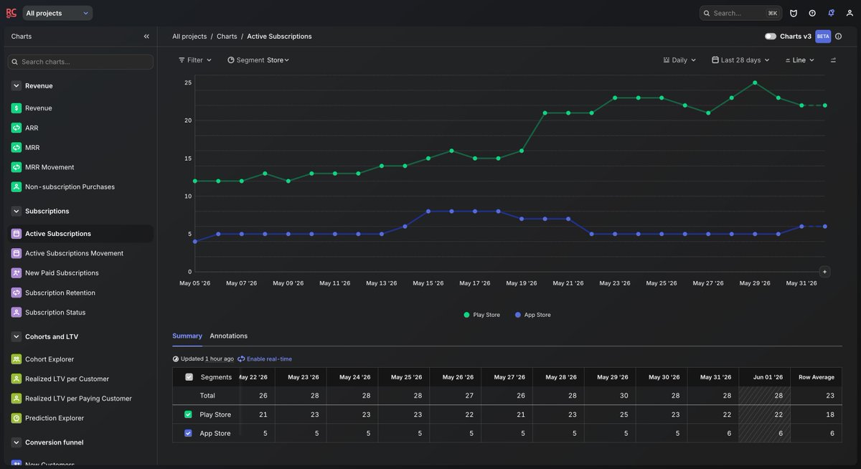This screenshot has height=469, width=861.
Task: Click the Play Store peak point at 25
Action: coord(755,82)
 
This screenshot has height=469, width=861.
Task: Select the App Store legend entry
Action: coord(532,315)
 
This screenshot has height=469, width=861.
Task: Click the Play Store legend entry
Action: coord(481,315)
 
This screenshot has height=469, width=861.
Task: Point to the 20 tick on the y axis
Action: coord(188,120)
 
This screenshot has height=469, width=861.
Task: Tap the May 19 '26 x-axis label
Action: coord(521,283)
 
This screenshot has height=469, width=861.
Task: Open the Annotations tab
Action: coord(228,336)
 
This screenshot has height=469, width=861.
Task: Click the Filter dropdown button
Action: coord(195,60)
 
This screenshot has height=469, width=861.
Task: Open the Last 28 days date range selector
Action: coord(740,60)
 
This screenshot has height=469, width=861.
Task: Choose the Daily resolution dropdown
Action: coord(679,60)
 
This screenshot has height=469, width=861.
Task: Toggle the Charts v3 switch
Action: coord(771,36)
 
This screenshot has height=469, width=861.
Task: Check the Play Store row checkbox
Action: coord(188,414)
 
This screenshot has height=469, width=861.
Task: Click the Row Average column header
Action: coord(816,377)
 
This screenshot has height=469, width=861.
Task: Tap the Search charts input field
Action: coord(80,62)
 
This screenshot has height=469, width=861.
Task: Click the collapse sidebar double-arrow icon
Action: coord(146,36)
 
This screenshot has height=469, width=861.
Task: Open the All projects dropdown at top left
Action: coord(57,13)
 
